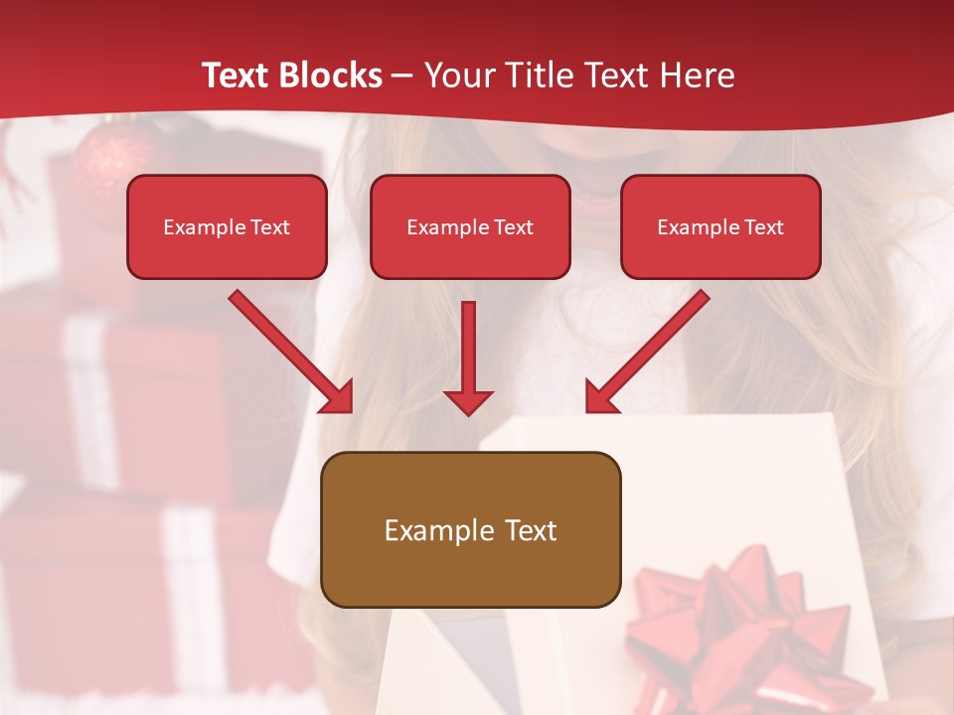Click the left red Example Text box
coord(227,226)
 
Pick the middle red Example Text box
coord(470,226)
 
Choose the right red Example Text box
coord(720,226)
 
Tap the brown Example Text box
coord(470,530)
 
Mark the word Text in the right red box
coord(763,226)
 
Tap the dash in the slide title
coord(402,75)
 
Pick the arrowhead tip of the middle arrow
coord(468,411)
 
